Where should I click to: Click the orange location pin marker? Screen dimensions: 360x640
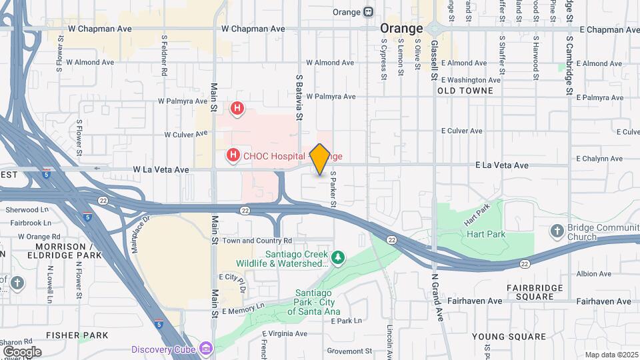click(319, 159)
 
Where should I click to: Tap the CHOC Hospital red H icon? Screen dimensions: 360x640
click(233, 156)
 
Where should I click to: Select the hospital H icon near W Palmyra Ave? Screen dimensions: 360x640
click(237, 108)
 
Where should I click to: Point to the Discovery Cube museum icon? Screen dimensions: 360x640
click(206, 349)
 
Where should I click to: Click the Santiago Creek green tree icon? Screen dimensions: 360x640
click(339, 257)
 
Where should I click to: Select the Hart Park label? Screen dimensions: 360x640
click(486, 235)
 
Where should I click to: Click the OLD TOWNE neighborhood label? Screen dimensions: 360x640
click(465, 91)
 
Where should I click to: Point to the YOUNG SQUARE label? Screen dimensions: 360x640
click(500, 336)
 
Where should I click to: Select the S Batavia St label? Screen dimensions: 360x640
click(299, 97)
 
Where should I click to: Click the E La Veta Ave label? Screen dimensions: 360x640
click(501, 165)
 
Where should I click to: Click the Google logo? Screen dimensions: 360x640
click(22, 351)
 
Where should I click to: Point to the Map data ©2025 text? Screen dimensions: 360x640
click(611, 355)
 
